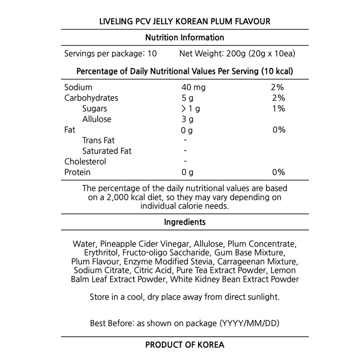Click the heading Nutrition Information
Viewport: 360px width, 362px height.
184,38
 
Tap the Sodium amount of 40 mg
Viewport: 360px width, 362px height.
194,87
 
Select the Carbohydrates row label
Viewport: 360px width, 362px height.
91,98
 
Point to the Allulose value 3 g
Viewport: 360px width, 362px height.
188,119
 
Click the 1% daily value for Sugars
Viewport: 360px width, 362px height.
278,109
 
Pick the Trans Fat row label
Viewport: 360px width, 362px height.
98,141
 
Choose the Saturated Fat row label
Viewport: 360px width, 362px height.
107,151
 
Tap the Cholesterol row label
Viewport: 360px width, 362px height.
85,162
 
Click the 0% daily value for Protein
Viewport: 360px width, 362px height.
278,172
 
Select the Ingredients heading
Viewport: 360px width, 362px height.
185,222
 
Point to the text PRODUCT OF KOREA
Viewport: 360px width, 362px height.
185,345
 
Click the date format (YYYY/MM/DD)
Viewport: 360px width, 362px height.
250,323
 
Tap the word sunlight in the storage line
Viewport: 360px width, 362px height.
264,298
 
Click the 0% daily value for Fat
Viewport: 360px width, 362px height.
278,130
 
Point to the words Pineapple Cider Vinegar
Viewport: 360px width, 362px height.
141,244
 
